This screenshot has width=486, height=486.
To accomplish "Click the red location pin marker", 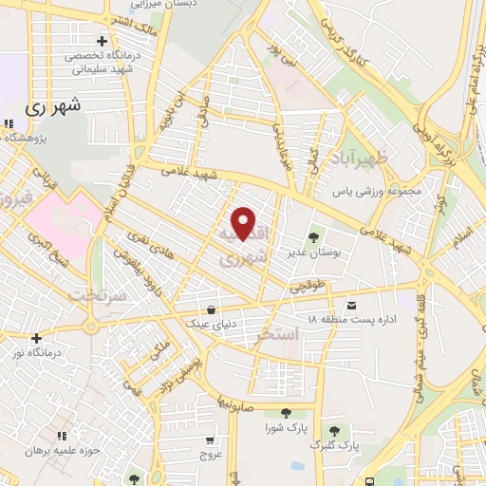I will [x=245, y=223].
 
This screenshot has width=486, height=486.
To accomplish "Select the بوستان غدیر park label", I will [x=309, y=253].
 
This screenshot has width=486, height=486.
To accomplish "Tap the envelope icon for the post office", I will [x=352, y=305].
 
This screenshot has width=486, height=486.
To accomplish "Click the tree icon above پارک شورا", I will [x=285, y=412].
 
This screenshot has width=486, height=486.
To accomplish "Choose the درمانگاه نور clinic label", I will [x=36, y=354].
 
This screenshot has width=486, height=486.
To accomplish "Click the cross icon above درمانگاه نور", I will [x=36, y=338].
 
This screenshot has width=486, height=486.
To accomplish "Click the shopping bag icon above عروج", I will [x=209, y=440].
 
